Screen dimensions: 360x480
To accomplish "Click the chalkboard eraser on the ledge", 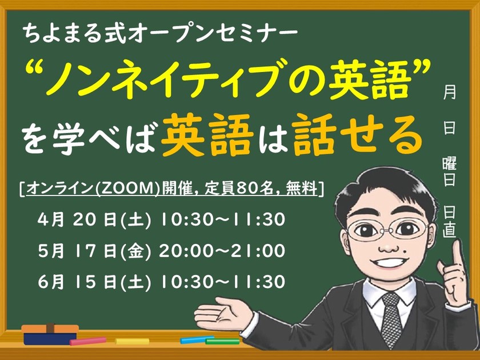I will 50,333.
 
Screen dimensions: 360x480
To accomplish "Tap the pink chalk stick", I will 88,341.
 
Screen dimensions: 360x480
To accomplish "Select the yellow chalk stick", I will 132,341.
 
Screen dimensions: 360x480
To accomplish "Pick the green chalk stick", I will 222,341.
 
